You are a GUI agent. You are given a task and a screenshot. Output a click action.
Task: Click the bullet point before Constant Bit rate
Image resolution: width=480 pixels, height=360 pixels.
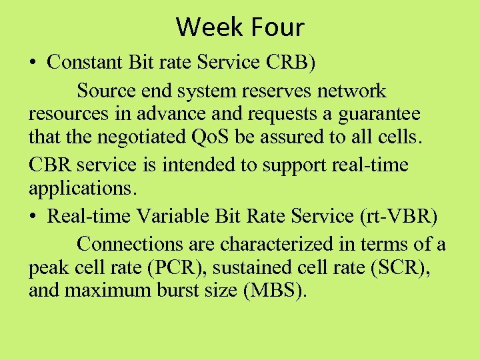(x=33, y=63)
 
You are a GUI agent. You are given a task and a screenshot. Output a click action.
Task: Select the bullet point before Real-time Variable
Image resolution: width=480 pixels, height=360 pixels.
(x=33, y=216)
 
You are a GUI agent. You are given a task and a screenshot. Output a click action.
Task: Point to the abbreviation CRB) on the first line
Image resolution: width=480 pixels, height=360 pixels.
(x=291, y=62)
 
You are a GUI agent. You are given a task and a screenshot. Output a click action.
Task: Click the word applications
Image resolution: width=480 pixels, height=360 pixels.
(x=81, y=190)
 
